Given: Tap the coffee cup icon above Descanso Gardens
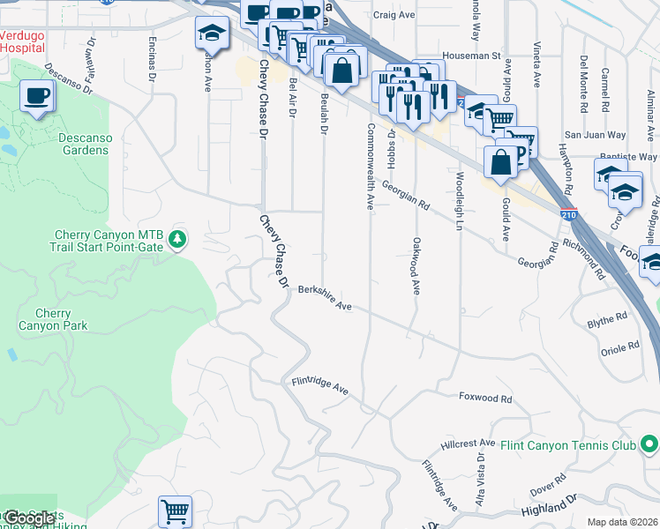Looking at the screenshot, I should pyautogui.click(x=36, y=95).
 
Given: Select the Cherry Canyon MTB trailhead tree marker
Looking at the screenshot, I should pyautogui.click(x=177, y=239).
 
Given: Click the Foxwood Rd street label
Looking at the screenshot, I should pyautogui.click(x=485, y=399).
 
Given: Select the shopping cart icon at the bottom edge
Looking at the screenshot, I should pyautogui.click(x=175, y=510).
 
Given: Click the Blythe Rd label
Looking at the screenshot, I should pyautogui.click(x=607, y=319).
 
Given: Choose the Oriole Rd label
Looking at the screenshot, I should pyautogui.click(x=619, y=348).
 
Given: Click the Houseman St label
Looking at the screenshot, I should pyautogui.click(x=471, y=55).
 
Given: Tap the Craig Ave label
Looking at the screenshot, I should pyautogui.click(x=394, y=15).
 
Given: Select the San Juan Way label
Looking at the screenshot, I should pyautogui.click(x=595, y=136).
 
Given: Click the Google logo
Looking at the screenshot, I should pyautogui.click(x=29, y=518).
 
